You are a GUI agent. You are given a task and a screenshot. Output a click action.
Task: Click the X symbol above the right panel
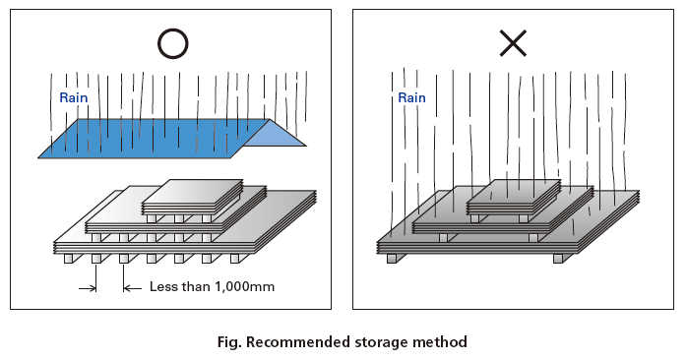click(513, 42)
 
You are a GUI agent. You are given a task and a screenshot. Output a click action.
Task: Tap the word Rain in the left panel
click(74, 97)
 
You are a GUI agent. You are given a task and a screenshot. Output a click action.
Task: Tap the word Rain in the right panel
click(411, 97)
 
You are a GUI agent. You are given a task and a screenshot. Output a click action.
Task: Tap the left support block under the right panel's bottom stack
click(393, 258)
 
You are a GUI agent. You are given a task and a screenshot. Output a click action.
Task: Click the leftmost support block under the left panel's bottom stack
click(68, 260)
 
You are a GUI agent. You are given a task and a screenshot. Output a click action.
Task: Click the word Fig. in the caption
click(231, 342)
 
